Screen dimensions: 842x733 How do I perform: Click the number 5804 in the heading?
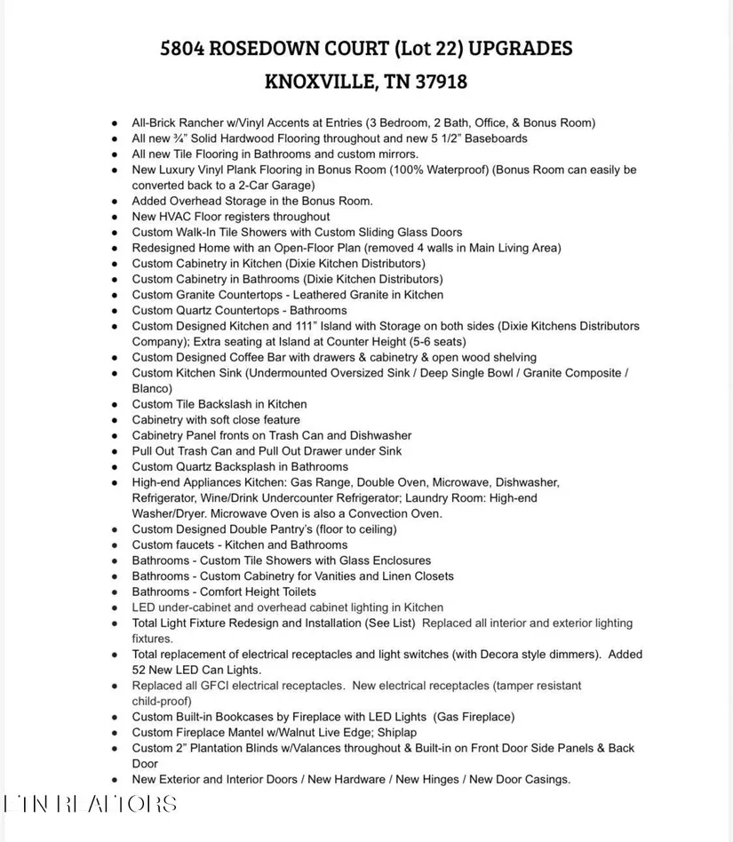pos(183,49)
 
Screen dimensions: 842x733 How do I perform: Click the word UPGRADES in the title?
pos(520,49)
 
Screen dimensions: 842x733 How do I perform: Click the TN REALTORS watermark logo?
pos(90,804)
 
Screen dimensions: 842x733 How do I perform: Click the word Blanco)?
pos(152,388)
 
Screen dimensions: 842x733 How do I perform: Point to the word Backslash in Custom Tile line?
pos(227,404)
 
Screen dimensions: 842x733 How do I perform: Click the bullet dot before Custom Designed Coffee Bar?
pos(115,358)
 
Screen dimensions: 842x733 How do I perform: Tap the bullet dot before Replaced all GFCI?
pos(115,686)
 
